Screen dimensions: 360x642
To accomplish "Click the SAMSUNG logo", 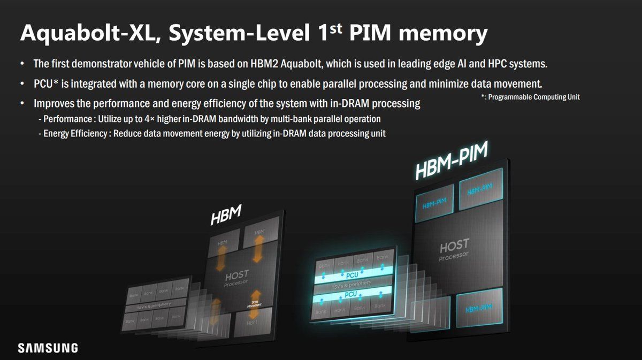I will (x=48, y=348).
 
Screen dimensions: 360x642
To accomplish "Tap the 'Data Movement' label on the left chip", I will (x=254, y=304).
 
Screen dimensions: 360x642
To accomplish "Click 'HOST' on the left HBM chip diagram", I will (x=236, y=276).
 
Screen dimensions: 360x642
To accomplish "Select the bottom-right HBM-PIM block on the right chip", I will (x=478, y=310).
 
